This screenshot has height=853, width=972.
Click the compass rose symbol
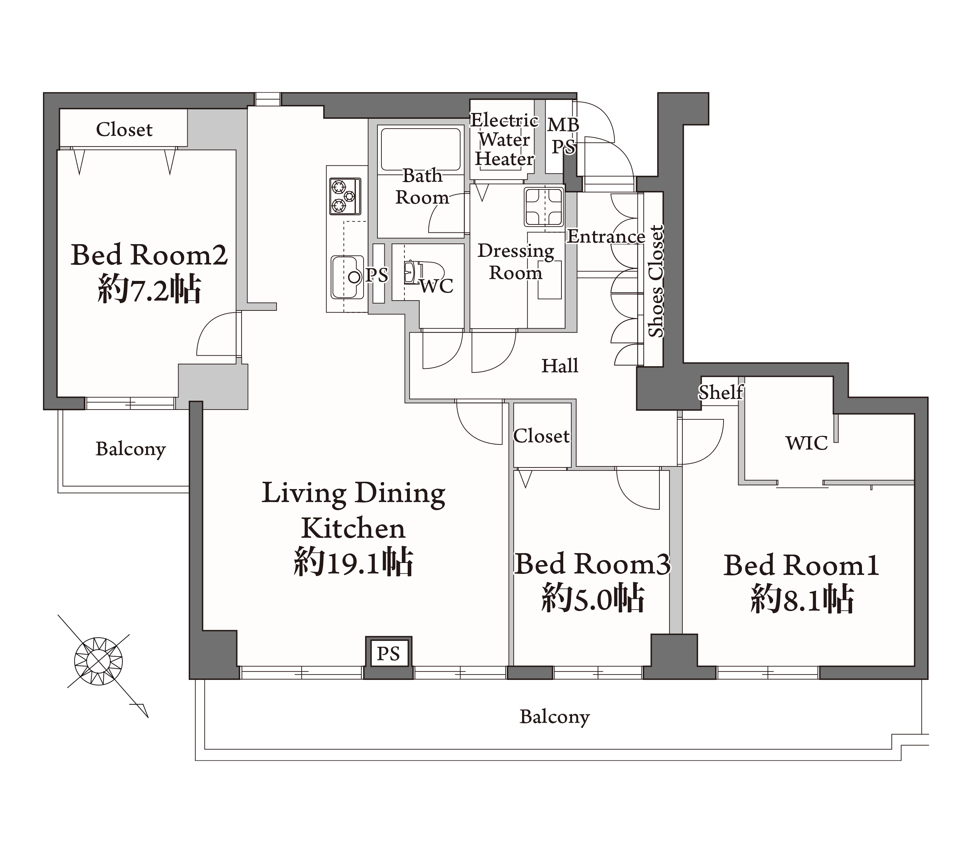pos(98,662)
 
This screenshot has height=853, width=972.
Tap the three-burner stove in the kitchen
pos(345,196)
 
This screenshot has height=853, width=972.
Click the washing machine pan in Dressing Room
pos(544,207)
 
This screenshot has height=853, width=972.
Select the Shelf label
pos(721,392)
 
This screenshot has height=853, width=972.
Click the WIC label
pos(807,443)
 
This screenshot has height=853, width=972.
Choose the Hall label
pos(560,366)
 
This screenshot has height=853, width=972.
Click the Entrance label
pos(606,236)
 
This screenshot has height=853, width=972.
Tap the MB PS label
pos(564,136)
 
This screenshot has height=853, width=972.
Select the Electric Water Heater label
pos(505,140)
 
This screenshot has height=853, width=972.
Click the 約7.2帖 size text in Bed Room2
pos(149,288)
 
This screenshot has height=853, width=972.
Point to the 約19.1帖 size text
pos(353,562)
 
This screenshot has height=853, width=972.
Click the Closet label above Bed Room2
pos(124,129)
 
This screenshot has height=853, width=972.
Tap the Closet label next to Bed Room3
pos(542,436)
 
